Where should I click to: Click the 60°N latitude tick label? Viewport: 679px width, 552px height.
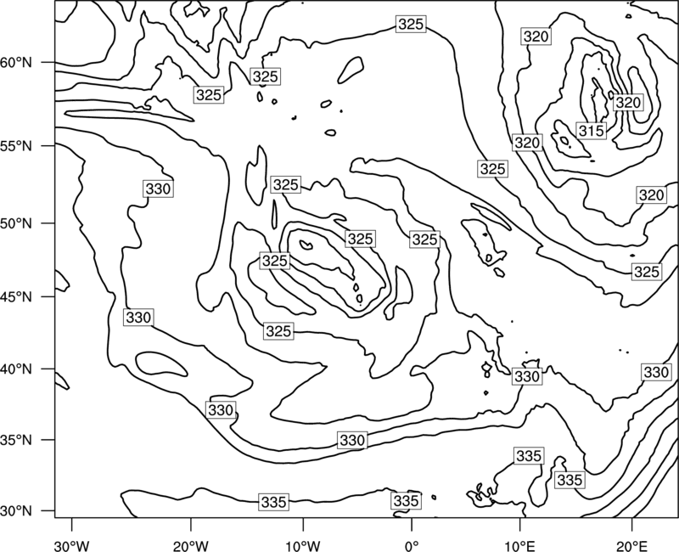[x=16, y=63]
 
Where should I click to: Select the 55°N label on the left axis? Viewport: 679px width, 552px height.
[x=16, y=146]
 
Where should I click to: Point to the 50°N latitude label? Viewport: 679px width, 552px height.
[x=16, y=223]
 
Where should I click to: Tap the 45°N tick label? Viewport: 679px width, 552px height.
[x=16, y=296]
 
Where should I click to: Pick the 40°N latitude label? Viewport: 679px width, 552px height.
[x=16, y=369]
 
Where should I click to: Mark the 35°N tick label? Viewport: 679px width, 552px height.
[x=16, y=440]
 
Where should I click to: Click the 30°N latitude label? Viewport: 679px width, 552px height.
[x=16, y=511]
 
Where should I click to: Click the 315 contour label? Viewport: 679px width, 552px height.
[x=591, y=131]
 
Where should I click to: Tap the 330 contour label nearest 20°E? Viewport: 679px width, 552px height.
[x=656, y=372]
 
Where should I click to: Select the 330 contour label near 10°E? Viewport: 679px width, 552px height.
[x=526, y=376]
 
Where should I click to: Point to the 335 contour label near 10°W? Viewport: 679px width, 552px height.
[x=274, y=502]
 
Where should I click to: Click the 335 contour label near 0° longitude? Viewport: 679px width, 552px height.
[x=406, y=501]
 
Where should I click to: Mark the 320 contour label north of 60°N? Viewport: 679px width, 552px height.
[x=536, y=37]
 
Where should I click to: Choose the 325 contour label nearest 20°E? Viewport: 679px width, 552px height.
[x=647, y=272]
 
